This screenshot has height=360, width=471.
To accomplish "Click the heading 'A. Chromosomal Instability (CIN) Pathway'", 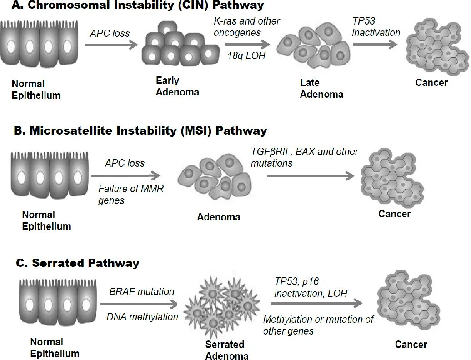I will [132, 6].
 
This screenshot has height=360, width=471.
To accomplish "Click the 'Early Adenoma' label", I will [171, 86].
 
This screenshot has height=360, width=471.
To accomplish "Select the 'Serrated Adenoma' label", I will [225, 349].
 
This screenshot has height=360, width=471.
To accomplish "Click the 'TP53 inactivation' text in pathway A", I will [376, 27].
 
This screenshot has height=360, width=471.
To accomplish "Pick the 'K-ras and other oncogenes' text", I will [247, 27].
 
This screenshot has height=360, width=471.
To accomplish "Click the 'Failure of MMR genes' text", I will [131, 195].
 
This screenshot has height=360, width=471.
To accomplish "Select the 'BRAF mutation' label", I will [142, 291].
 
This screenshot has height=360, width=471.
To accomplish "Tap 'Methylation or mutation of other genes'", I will [318, 325].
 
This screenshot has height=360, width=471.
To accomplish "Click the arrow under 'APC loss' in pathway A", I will [111, 45].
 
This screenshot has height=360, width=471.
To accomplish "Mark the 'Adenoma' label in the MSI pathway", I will [219, 217].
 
